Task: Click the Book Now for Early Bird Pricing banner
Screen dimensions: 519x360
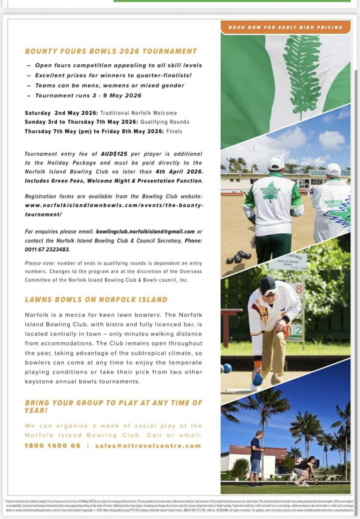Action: pyautogui.click(x=285, y=28)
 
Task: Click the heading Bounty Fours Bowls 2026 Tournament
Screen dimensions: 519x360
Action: pyautogui.click(x=111, y=51)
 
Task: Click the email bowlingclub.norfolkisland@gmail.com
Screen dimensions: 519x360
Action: pyautogui.click(x=145, y=232)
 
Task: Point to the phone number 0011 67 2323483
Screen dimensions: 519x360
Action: pyautogui.click(x=45, y=250)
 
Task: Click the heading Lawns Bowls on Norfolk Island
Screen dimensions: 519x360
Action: pyautogui.click(x=96, y=300)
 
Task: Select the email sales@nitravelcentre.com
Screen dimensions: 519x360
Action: pyautogui.click(x=148, y=446)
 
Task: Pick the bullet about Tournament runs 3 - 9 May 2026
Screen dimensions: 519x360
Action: pyautogui.click(x=88, y=96)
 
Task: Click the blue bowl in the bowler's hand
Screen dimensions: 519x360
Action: pyautogui.click(x=257, y=379)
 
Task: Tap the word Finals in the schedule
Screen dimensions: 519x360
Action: pyautogui.click(x=174, y=131)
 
